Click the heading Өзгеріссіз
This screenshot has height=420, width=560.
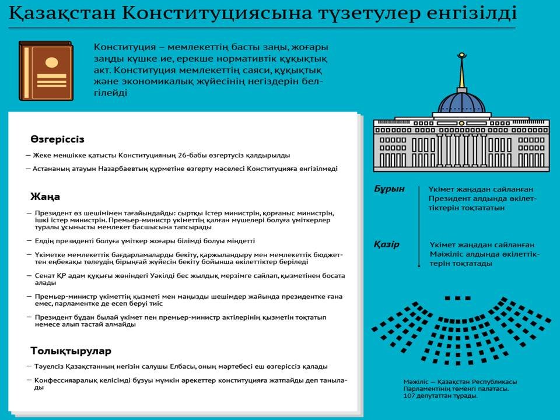pyautogui.click(x=58, y=139)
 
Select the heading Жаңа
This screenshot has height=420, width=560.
pyautogui.click(x=45, y=197)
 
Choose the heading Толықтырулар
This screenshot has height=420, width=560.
pyautogui.click(x=71, y=351)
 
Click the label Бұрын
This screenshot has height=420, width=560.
pyautogui.click(x=389, y=190)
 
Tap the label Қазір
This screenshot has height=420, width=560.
pyautogui.click(x=387, y=244)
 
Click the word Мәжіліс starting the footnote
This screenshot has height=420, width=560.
pyautogui.click(x=415, y=382)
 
